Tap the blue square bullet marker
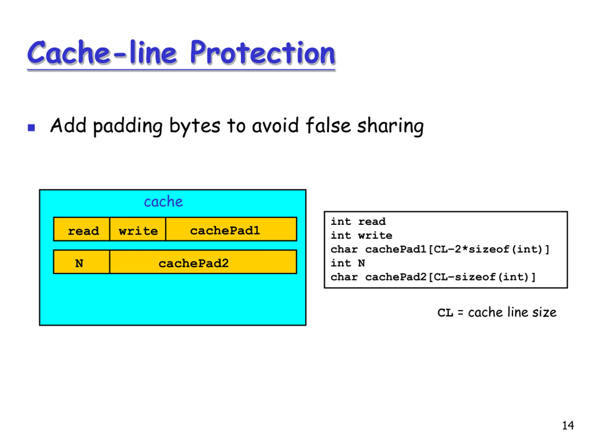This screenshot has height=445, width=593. coord(31,127)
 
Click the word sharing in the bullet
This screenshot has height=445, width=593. coord(390,126)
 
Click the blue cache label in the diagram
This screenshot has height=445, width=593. coord(163,202)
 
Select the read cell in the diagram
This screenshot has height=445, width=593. coord(82,229)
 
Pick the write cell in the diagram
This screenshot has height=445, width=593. coord(138,229)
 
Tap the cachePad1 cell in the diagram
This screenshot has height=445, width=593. coord(231,229)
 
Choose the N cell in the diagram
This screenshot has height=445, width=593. coord(82,262)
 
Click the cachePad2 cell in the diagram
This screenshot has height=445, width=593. coord(203,262)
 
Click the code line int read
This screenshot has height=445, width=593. coord(358,222)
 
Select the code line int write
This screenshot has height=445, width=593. coord(361,235)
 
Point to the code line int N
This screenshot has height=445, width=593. coord(348,263)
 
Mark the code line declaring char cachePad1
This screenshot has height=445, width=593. coord(440,249)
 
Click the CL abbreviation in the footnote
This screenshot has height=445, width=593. coord(445,313)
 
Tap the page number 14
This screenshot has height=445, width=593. coord(568,426)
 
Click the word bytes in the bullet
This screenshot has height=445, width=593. coord(195,126)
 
